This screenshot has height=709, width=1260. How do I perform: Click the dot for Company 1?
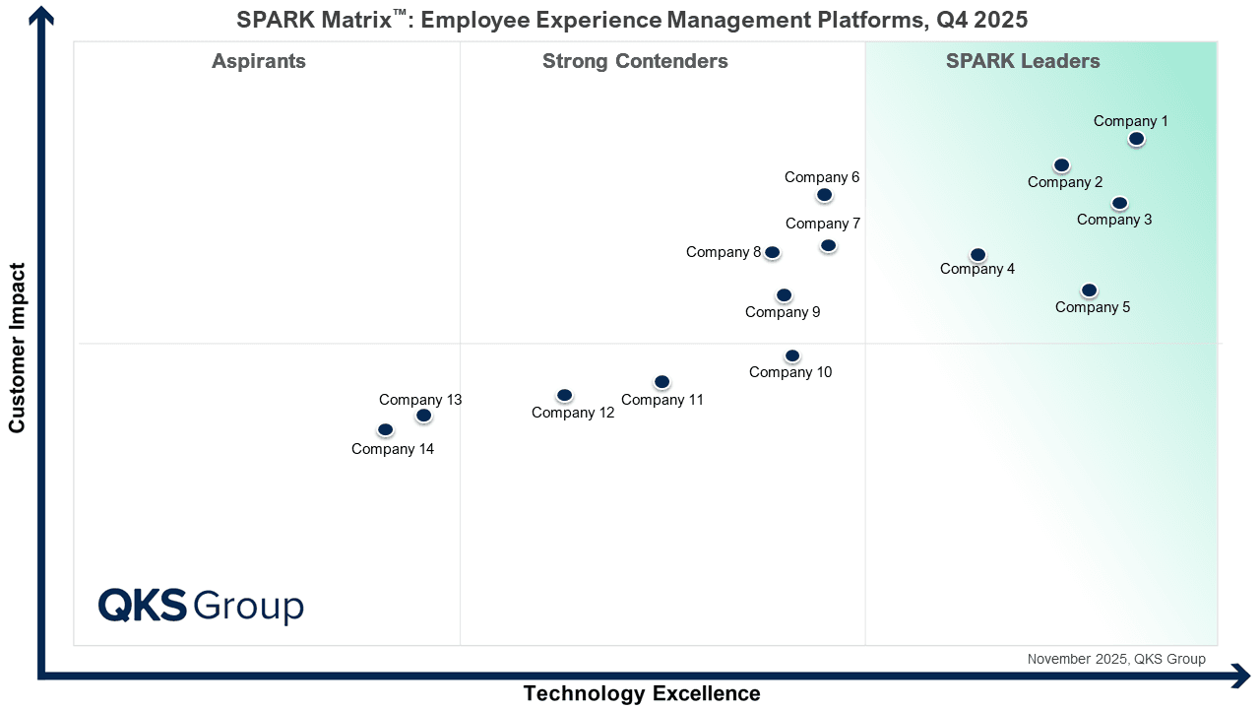[x=1136, y=139]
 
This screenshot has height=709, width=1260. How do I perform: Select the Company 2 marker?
[x=1061, y=165]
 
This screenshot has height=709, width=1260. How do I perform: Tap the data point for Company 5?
[x=1089, y=290]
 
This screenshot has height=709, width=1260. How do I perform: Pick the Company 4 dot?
[x=977, y=255]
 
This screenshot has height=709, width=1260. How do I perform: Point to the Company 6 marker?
[x=825, y=195]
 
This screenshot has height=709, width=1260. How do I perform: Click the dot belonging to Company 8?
[x=773, y=253]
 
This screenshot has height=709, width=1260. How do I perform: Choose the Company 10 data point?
[x=792, y=355]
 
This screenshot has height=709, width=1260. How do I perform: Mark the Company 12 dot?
[x=564, y=396]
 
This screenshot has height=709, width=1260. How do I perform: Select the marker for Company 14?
[x=385, y=430]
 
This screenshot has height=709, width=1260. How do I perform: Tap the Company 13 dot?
[x=423, y=416]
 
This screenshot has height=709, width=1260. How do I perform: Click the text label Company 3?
[x=1114, y=220]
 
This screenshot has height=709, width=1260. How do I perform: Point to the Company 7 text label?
[x=823, y=224]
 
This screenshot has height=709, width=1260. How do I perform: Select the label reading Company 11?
[x=662, y=400]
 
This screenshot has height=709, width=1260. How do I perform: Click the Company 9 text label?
[x=783, y=312]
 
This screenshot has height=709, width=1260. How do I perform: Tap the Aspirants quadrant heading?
[x=259, y=61]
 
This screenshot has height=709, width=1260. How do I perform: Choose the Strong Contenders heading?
[x=635, y=61]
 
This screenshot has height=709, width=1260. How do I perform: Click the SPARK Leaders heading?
[x=1023, y=61]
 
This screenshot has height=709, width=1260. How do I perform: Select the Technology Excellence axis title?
[x=642, y=693]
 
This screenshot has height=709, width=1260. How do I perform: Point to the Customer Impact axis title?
[x=17, y=348]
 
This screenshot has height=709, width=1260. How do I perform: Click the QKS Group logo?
[x=201, y=606]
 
